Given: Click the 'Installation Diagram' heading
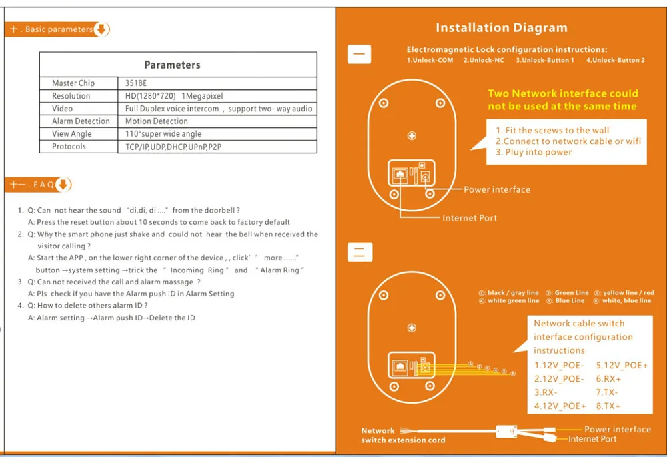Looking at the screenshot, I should coord(502,28).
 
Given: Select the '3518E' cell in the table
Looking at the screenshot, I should coord(136,83).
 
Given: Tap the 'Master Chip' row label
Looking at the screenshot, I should coord(73,83).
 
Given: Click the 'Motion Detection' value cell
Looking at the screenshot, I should coord(157,121).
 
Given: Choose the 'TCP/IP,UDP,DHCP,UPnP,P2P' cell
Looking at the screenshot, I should coord(173,147).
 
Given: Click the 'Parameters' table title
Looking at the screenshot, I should coord(172,65).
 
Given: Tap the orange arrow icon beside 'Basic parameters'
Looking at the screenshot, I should coord(101,29).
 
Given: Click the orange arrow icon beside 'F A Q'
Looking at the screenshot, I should coord(63,185).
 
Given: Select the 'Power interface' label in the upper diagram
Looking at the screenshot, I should coord(497,190).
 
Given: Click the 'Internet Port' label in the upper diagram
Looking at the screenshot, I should coord(470,218).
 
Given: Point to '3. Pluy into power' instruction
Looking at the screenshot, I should coord(534,152).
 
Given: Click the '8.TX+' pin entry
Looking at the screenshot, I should coord(608,406).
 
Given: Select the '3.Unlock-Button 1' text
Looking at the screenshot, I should coord(544,61).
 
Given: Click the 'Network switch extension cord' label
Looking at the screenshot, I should coord(403,435).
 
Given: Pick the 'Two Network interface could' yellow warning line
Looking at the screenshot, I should coord(563,93).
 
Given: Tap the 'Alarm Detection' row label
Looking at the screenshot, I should coord(81,121).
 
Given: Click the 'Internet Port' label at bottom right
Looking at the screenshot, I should coord(592,439).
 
